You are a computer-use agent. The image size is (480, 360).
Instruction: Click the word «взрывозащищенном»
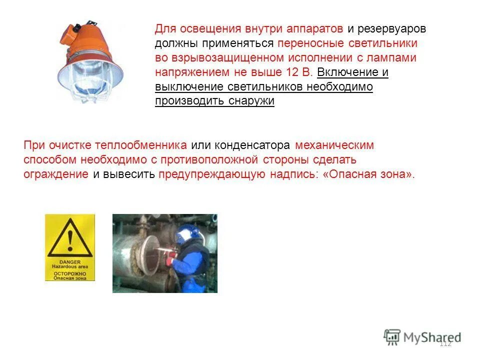[x=216, y=57]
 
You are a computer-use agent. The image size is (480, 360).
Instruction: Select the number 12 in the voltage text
[x=292, y=72]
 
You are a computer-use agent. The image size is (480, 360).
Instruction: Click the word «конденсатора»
[x=252, y=145]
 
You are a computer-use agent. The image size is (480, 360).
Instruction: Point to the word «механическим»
[x=334, y=145]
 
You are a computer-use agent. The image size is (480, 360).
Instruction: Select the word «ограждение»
[x=56, y=174]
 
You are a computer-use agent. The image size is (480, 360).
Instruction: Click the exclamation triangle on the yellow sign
[x=69, y=239]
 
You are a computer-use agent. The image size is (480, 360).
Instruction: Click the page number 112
[x=444, y=343]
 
